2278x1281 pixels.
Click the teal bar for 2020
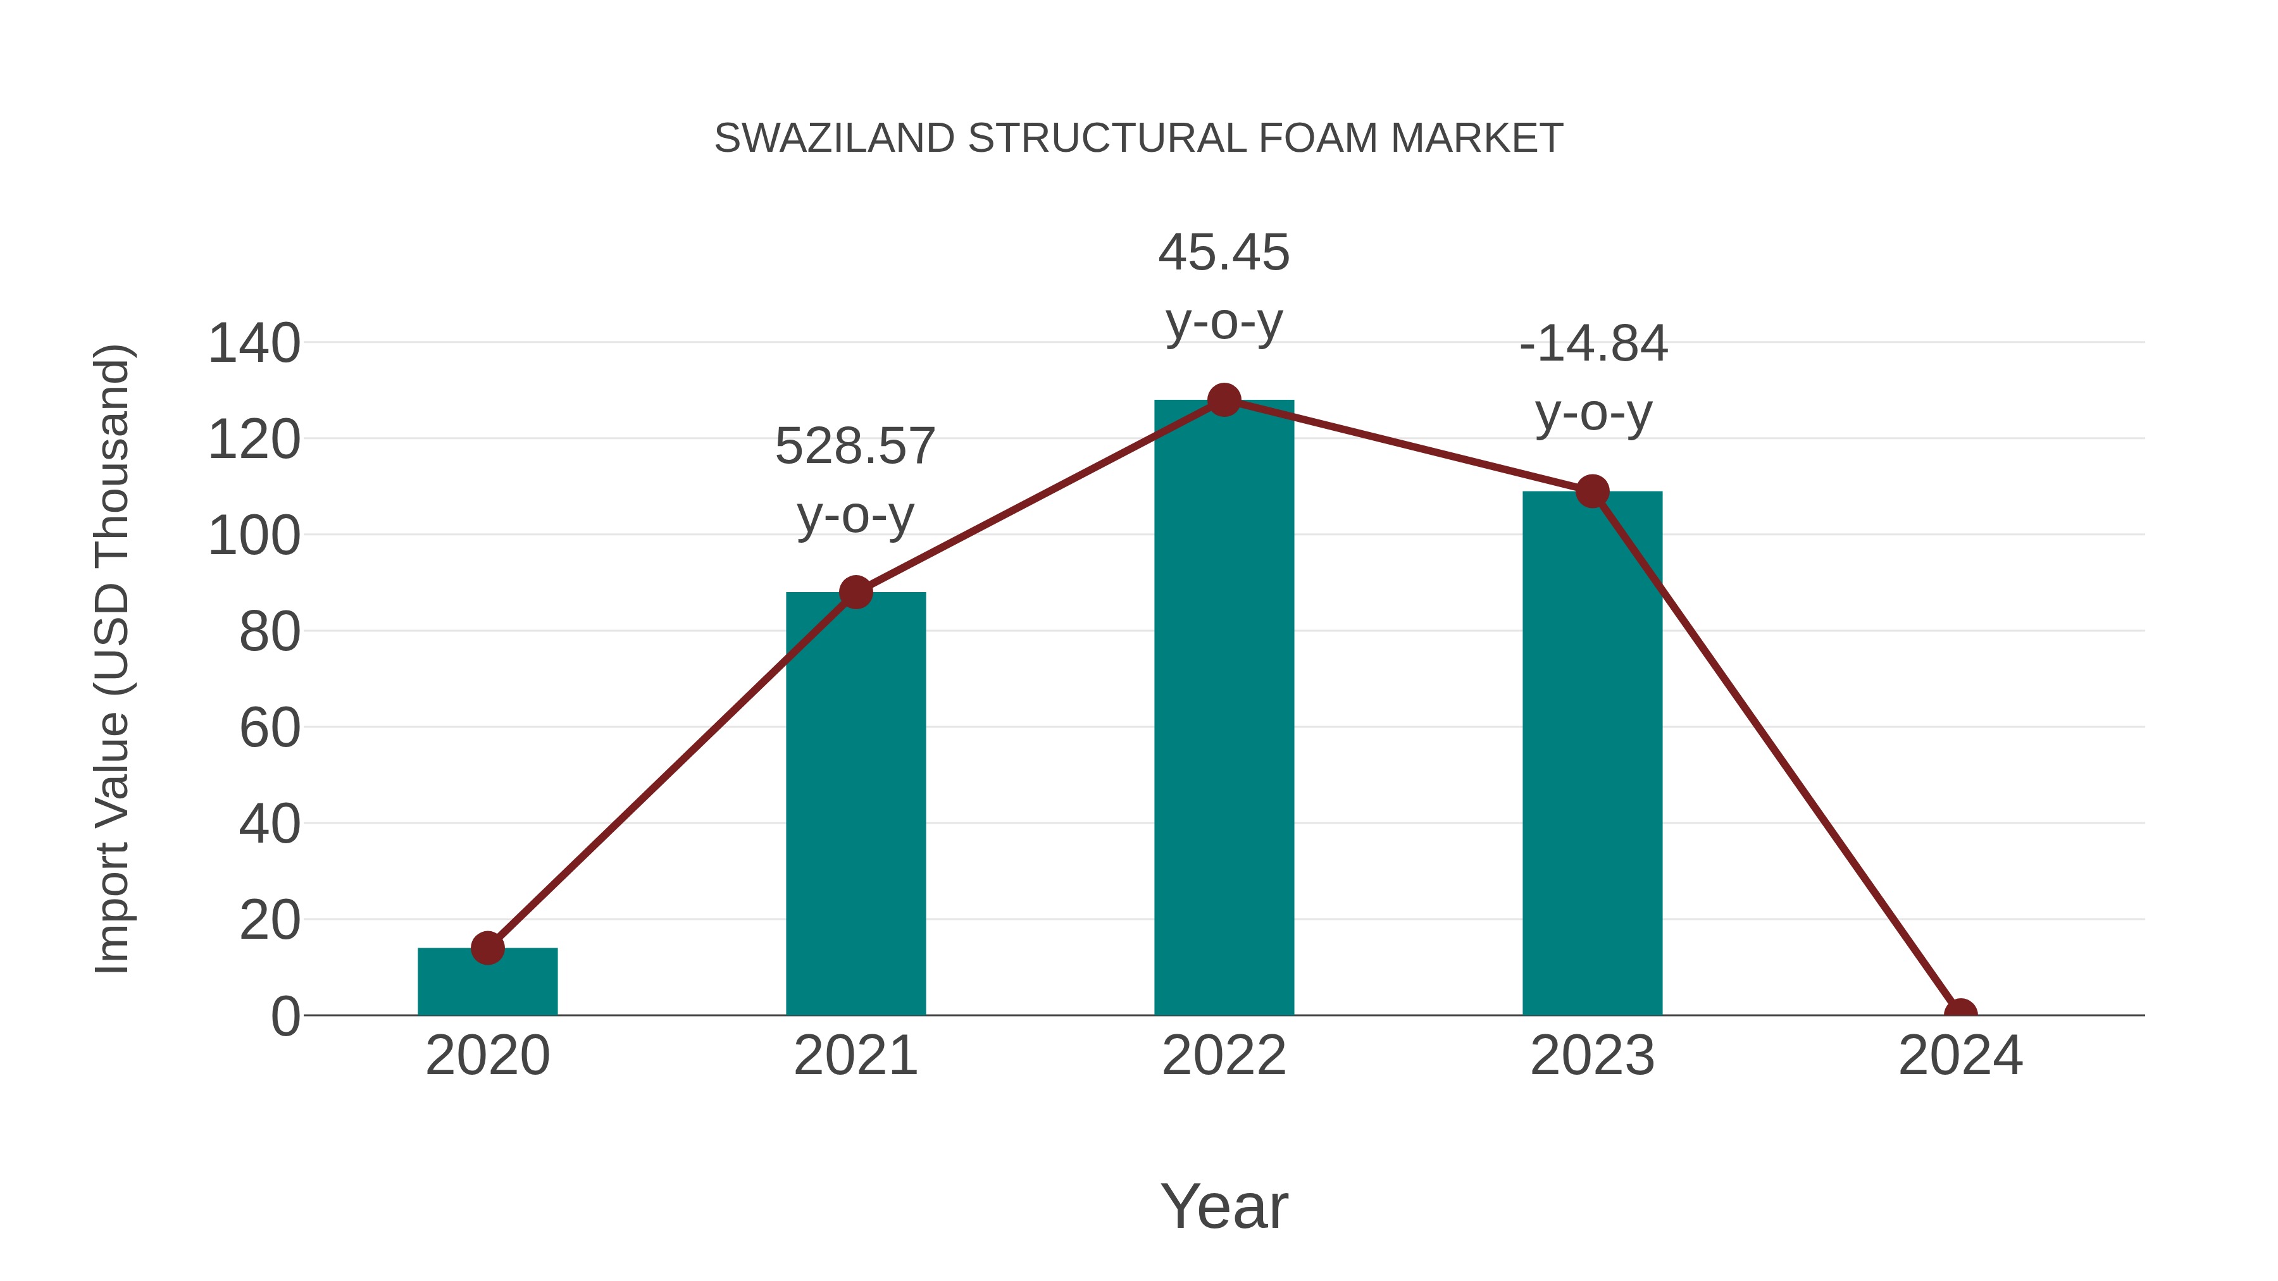(487, 982)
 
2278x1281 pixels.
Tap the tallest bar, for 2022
(1224, 707)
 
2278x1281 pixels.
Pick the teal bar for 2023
(1592, 752)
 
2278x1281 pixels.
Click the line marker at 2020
(487, 948)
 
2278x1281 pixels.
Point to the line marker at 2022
(1224, 400)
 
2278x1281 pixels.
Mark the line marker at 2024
(1960, 1014)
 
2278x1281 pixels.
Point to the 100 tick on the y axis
(254, 536)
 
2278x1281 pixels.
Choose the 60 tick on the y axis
(270, 729)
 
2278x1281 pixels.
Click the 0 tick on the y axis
(285, 1017)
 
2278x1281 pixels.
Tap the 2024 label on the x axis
(1960, 1056)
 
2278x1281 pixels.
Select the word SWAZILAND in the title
(834, 139)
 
